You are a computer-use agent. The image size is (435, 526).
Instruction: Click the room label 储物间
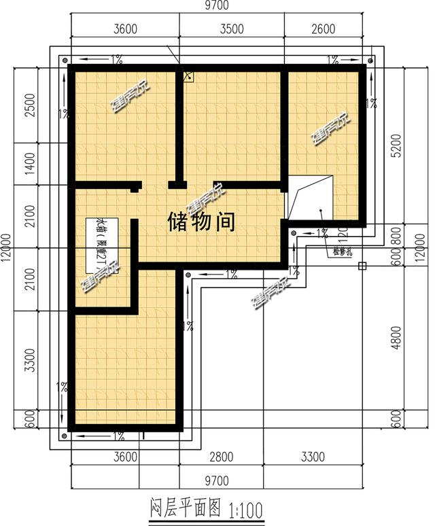[201, 222]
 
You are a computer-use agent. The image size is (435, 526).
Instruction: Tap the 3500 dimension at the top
[232, 29]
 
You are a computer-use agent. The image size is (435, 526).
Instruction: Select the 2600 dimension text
[324, 29]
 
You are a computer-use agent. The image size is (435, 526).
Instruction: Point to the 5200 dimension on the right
[396, 145]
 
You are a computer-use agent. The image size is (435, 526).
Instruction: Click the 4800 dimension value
[396, 338]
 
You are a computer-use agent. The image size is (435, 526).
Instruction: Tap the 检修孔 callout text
[341, 253]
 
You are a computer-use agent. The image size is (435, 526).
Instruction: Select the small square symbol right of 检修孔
[362, 266]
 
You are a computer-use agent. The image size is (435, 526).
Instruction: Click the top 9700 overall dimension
[217, 5]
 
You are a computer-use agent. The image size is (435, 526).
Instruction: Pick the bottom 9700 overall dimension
[217, 480]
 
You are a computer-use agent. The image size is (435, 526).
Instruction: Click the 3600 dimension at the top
[126, 29]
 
